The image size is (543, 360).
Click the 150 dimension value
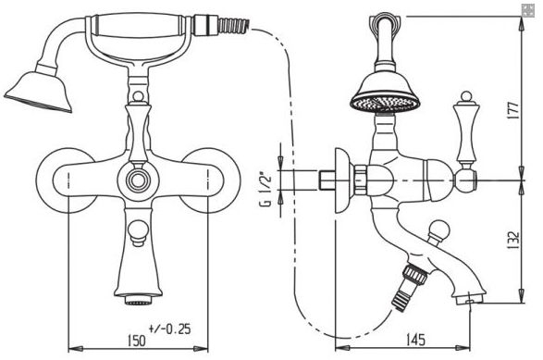click(136, 341)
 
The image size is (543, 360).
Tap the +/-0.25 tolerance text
click(169, 329)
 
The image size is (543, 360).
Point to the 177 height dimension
click(515, 110)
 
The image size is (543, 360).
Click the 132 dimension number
click(515, 240)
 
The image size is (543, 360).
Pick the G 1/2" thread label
click(267, 190)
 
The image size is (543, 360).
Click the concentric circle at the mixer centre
click(138, 180)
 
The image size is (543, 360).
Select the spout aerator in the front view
click(139, 299)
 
